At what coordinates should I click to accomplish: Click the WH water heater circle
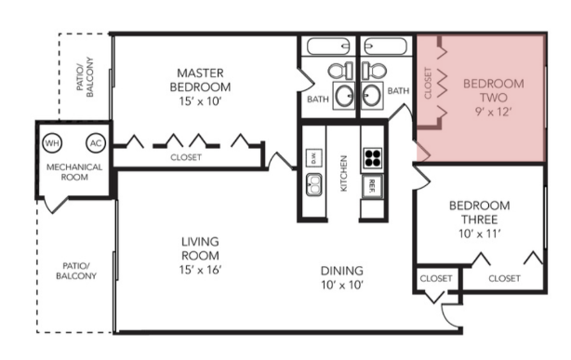(52, 143)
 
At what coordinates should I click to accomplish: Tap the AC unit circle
(96, 143)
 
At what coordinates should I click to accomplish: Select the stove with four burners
(373, 158)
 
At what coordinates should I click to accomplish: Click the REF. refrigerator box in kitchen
(372, 186)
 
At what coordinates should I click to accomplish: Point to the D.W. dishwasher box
(313, 158)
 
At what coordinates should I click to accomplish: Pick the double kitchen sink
(313, 184)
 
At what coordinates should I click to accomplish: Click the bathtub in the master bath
(328, 47)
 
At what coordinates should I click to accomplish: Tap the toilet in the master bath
(340, 71)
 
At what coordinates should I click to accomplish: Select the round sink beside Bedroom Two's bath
(371, 95)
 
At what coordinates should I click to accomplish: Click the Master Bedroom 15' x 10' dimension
(200, 101)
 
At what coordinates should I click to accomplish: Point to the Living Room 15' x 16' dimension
(200, 270)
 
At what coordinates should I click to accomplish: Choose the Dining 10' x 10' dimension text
(342, 285)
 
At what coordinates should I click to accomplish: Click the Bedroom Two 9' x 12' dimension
(494, 112)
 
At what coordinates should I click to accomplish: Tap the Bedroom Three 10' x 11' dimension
(480, 233)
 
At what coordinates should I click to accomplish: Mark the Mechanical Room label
(74, 172)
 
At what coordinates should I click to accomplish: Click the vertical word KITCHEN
(343, 173)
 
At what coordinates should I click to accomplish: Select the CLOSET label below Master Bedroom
(186, 157)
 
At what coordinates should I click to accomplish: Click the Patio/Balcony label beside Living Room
(76, 271)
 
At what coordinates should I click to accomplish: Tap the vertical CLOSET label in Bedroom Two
(428, 83)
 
